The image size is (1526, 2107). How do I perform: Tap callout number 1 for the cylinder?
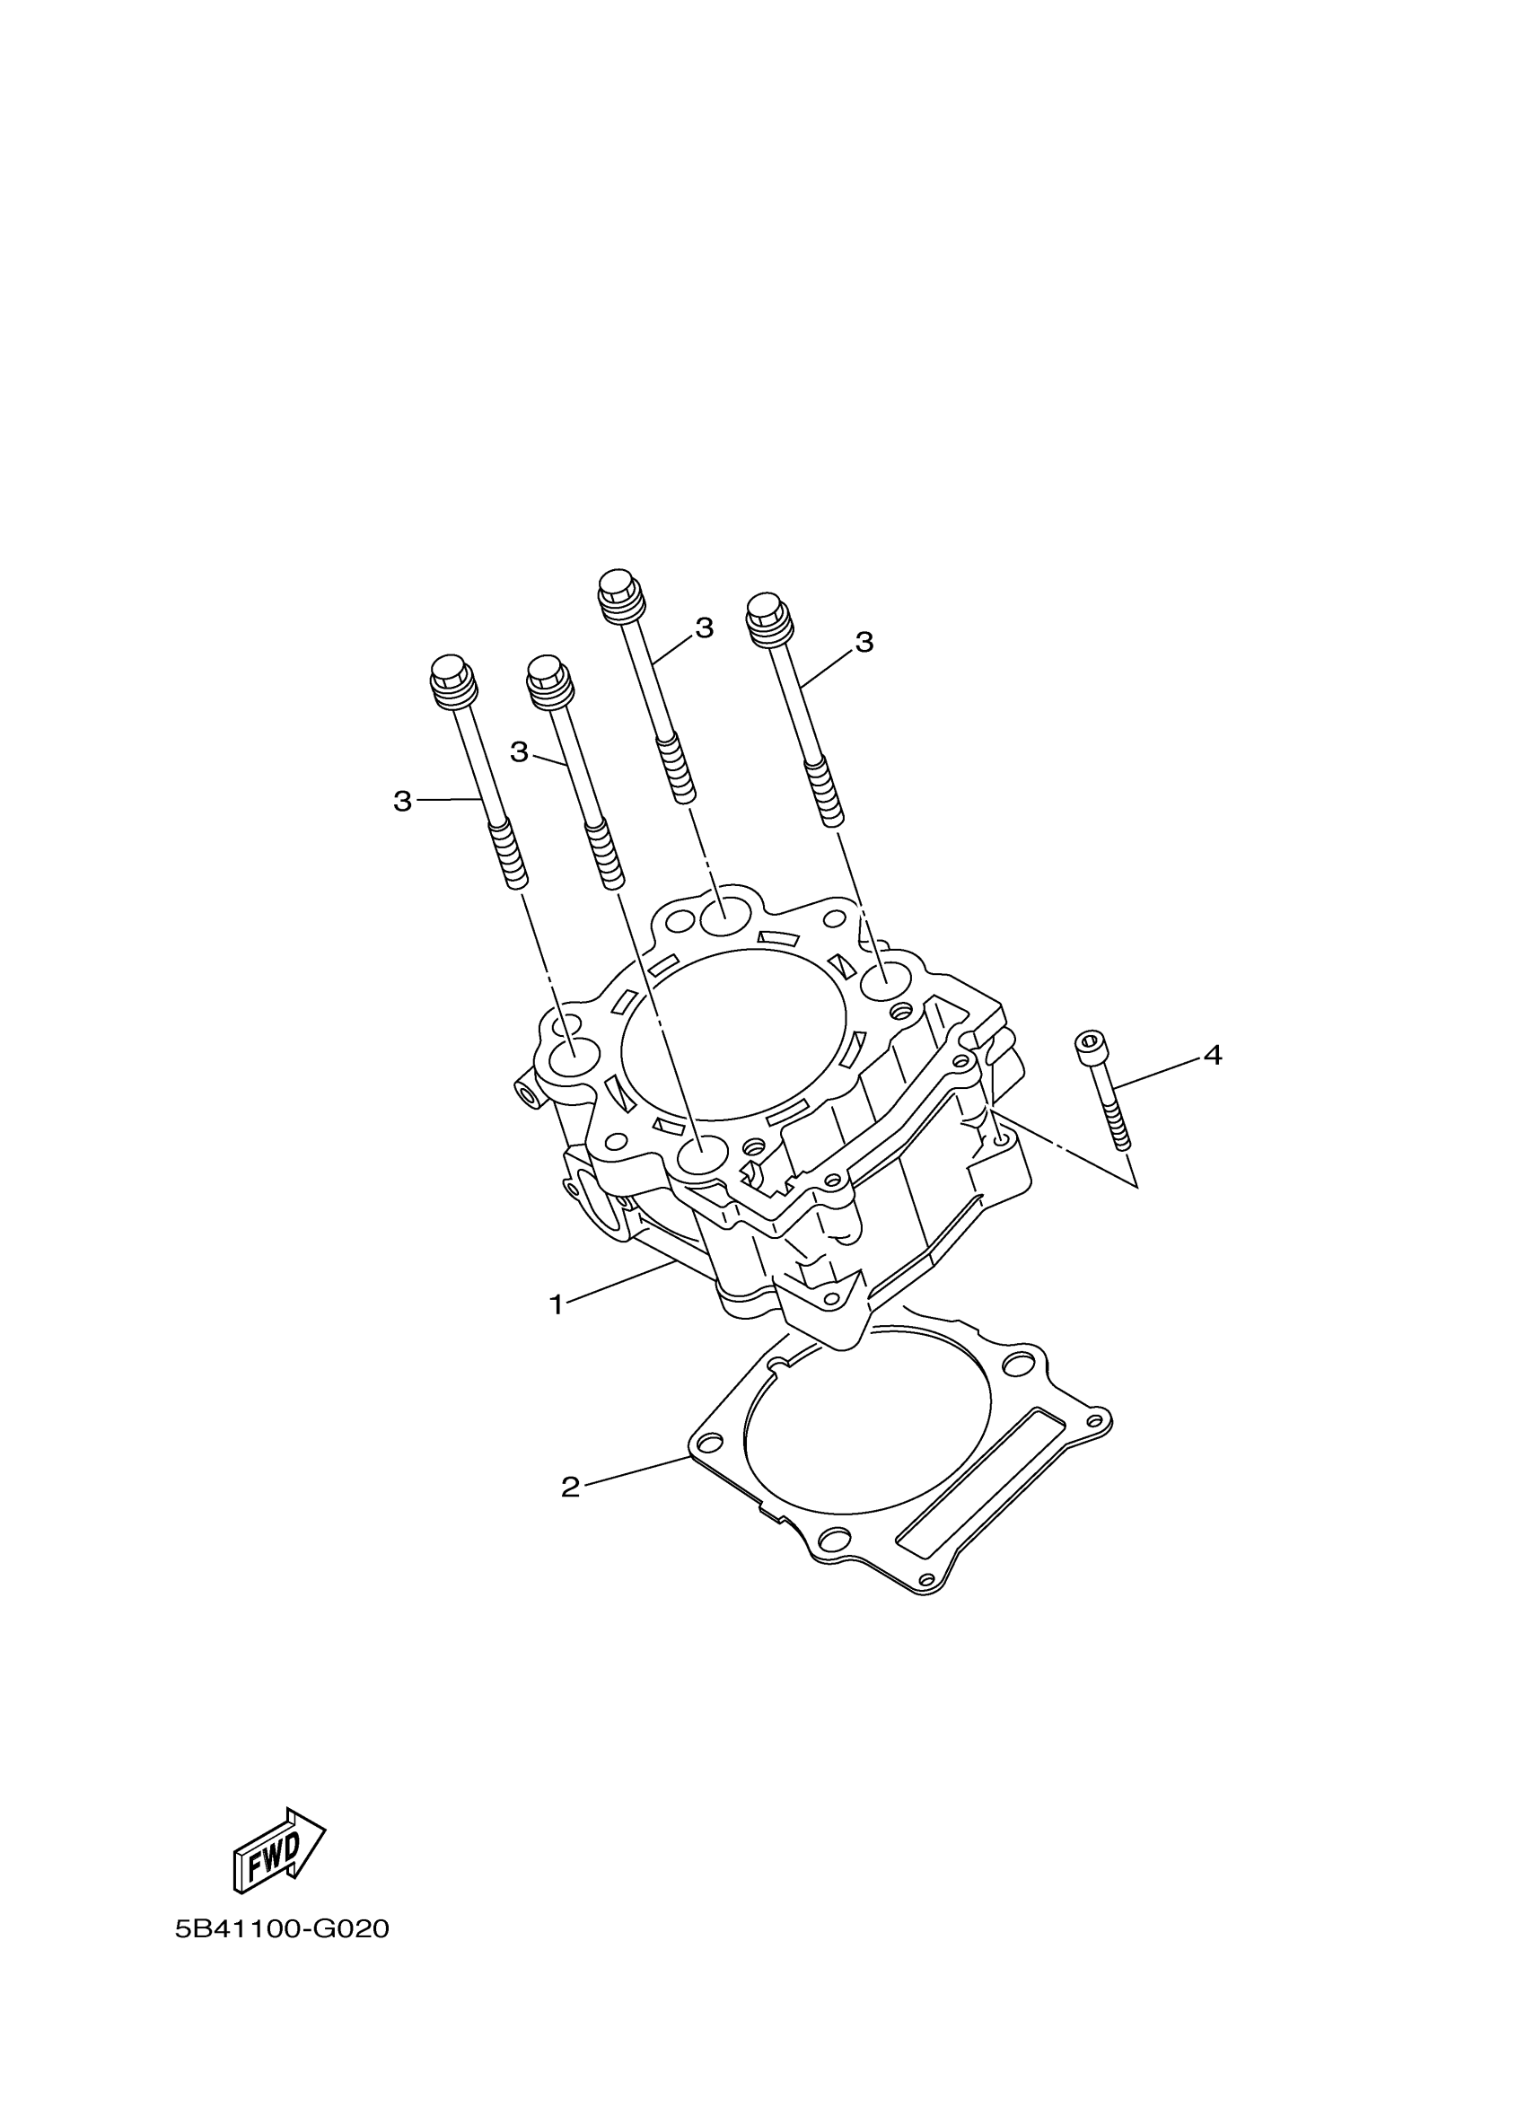(557, 1305)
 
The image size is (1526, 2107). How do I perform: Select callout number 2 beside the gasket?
(570, 1488)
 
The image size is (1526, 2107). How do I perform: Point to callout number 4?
(1212, 1056)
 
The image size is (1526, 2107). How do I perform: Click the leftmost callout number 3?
(402, 801)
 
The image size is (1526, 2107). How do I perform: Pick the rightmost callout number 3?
(864, 642)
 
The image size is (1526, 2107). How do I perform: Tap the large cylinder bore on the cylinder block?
(733, 1032)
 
